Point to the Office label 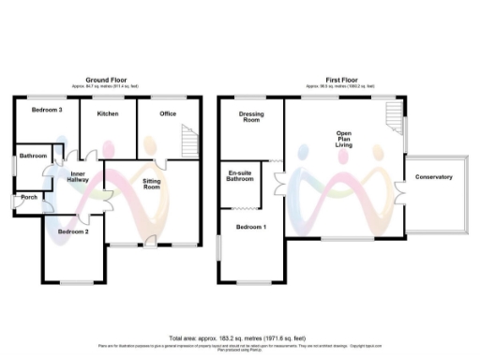tap(167, 113)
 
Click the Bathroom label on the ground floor tap(34, 156)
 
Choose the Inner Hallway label tap(78, 176)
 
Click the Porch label tap(29, 197)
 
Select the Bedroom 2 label tap(73, 231)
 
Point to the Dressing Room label tap(251, 117)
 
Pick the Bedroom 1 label tap(250, 228)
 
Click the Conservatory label tap(434, 177)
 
